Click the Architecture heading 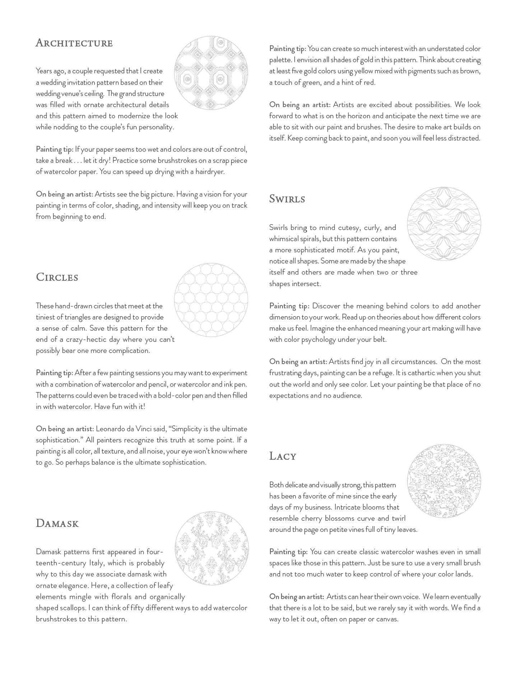(74, 43)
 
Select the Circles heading (57, 277)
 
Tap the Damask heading (57, 523)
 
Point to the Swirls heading (287, 199)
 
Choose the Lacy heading (283, 456)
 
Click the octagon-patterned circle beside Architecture (211, 73)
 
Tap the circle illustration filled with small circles (211, 300)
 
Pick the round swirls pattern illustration (444, 224)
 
